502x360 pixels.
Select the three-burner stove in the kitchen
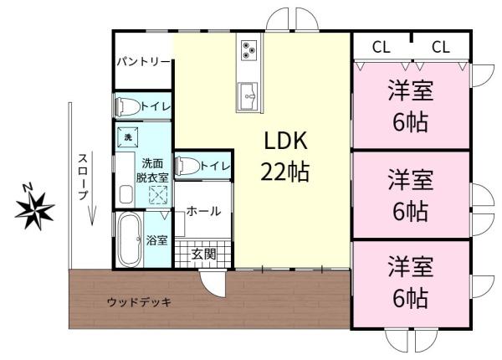(249, 49)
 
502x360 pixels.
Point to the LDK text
(287, 141)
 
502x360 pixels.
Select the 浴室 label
(157, 241)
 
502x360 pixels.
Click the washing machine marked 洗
(129, 136)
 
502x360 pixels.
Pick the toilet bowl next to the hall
(187, 166)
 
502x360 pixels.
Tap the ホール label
(203, 212)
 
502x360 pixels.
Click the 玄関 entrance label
(204, 254)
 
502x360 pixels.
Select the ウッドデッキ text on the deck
(139, 302)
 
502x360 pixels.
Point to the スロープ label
(83, 176)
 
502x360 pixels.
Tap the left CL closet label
(382, 47)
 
